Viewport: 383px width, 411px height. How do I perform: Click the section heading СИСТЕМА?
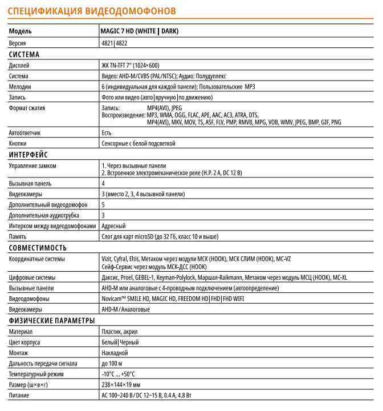coord(24,55)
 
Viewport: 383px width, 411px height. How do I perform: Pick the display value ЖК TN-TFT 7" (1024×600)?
coord(130,66)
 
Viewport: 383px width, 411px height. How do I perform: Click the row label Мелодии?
coord(20,87)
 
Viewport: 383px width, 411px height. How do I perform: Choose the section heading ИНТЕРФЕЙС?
coord(28,155)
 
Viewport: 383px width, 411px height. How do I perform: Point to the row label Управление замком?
coord(32,166)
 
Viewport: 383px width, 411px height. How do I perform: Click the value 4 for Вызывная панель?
coord(103,184)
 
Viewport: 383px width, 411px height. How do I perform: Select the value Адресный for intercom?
coord(113,225)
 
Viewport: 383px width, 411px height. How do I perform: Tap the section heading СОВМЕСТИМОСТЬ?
coord(37,248)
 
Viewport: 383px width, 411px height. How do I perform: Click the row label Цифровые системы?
coord(33,277)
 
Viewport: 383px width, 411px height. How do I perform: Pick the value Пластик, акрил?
coord(119,331)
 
